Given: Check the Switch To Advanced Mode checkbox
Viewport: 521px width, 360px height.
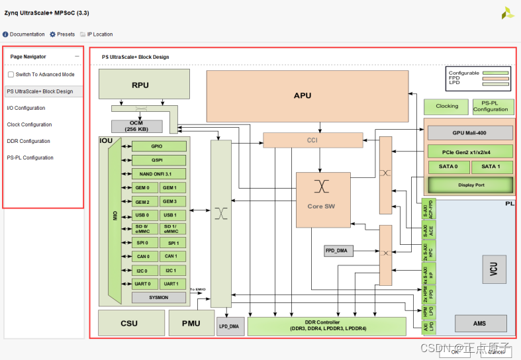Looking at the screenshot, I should (x=11, y=75).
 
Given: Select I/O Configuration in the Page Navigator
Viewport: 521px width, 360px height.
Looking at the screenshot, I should (x=26, y=108).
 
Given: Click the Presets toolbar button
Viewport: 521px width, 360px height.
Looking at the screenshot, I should (x=62, y=34).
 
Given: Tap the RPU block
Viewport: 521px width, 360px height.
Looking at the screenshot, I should (x=140, y=85).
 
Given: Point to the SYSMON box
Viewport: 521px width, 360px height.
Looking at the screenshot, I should (x=159, y=298).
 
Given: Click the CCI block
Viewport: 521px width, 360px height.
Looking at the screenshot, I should (x=313, y=140).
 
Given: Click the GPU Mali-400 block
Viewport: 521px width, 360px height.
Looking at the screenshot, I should (x=470, y=132).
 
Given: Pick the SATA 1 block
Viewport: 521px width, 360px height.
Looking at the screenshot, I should (x=491, y=166).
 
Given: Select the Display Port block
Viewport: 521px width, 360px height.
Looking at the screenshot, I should (x=471, y=185).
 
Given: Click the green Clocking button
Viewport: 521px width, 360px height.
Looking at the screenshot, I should (x=447, y=107).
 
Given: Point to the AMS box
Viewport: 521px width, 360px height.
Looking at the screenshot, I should (x=481, y=324).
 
